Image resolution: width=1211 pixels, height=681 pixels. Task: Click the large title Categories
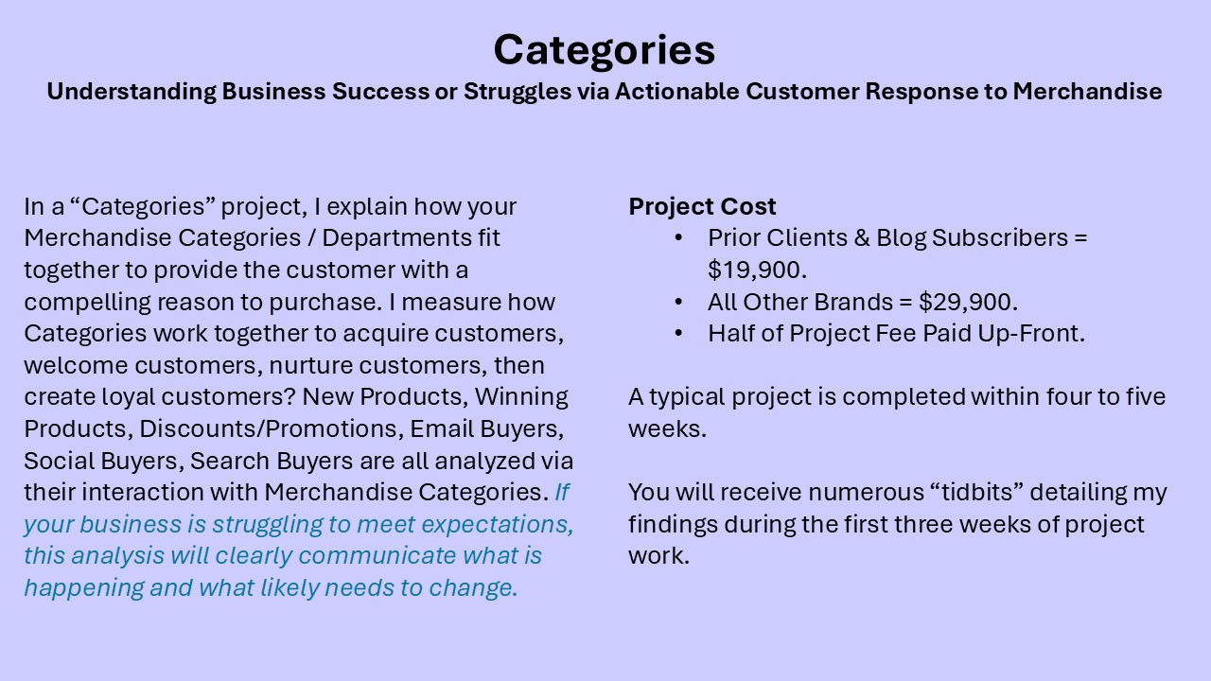pos(605,51)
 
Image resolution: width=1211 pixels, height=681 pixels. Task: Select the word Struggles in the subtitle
pos(518,92)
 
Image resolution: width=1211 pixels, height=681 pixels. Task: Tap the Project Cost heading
pos(702,206)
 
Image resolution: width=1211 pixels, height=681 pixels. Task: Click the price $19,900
pos(757,270)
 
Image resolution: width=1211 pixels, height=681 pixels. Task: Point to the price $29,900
pos(968,302)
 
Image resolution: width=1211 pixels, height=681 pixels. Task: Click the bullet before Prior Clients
pos(679,238)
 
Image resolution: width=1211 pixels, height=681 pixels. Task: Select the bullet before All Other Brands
pos(679,302)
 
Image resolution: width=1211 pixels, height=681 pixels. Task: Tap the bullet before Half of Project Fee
pos(679,334)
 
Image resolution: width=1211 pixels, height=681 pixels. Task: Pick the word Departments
pos(396,238)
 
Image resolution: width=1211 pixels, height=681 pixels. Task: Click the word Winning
pos(521,397)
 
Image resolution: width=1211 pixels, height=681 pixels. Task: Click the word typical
pos(687,398)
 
